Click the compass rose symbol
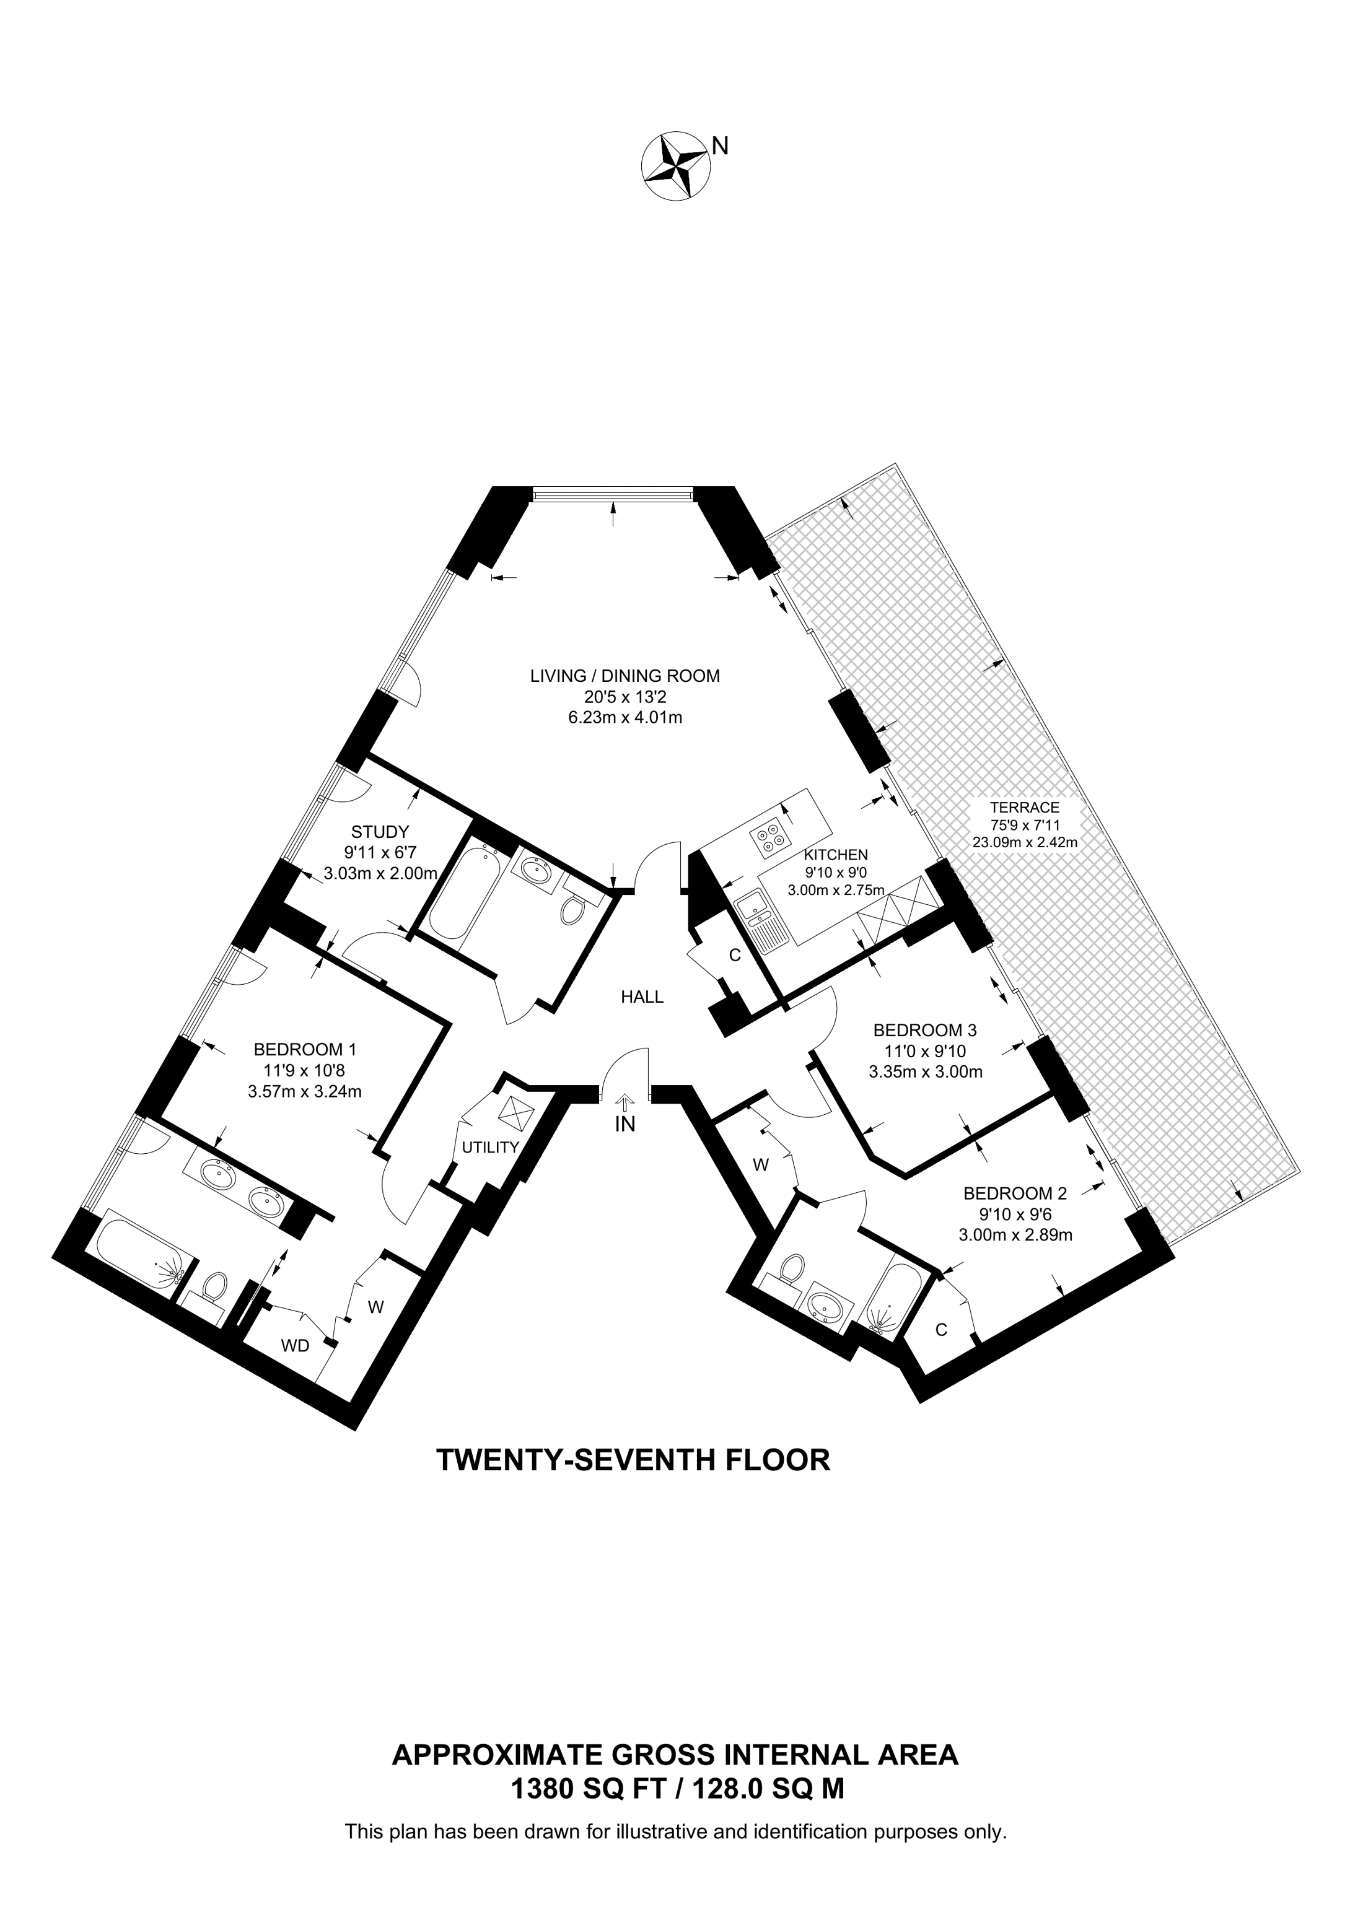coord(675,166)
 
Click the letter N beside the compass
coord(720,146)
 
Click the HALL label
coord(642,997)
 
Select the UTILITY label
coord(491,1147)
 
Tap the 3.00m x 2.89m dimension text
coord(1015,1235)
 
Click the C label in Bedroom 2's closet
coord(942,1329)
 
